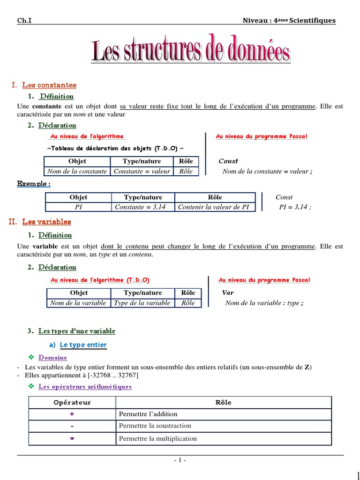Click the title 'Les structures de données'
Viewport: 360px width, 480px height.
[x=191, y=52]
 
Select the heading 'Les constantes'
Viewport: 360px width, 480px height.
[x=49, y=85]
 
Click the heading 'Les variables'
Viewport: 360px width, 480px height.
[x=46, y=222]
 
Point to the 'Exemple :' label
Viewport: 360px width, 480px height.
[x=34, y=184]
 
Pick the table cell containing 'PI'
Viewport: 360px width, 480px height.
[x=78, y=207]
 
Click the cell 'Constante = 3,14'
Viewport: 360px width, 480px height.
[x=142, y=207]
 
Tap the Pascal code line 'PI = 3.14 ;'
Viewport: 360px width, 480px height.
[x=295, y=207]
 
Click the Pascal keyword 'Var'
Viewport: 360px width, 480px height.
[x=228, y=292]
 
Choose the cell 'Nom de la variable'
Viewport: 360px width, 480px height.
[x=78, y=303]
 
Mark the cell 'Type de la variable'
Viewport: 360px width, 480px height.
[x=142, y=303]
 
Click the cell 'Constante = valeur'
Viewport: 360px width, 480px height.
[x=142, y=171]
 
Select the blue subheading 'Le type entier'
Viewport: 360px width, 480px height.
[x=83, y=345]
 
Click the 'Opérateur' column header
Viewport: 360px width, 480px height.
[x=72, y=402]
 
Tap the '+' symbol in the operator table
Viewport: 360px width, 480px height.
[x=72, y=414]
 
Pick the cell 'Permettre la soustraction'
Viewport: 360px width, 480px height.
[x=155, y=426]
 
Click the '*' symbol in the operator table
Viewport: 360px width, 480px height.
[x=72, y=439]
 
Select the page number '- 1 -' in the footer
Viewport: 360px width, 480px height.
[x=180, y=460]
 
